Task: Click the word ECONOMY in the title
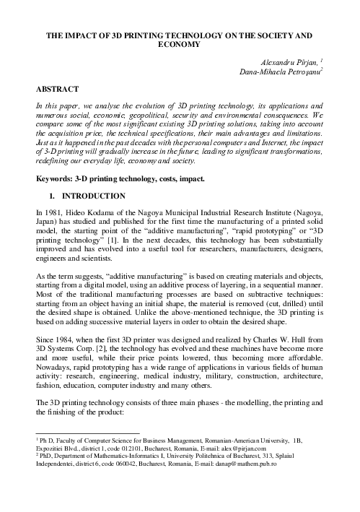click(180, 45)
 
